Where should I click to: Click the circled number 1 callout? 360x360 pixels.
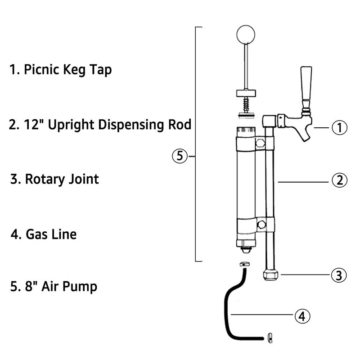[x=339, y=127]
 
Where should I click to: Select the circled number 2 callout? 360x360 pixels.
[x=339, y=180]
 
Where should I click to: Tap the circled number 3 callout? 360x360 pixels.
[x=339, y=275]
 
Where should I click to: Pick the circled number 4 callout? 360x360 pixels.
[x=302, y=316]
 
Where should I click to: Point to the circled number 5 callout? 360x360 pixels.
[x=180, y=156]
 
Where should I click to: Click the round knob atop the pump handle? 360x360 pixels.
[x=246, y=35]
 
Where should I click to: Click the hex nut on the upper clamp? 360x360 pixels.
[x=261, y=143]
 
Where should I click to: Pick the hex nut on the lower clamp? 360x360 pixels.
[x=261, y=225]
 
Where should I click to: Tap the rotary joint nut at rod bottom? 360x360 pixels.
[x=270, y=275]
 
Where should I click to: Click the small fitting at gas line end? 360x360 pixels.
[x=270, y=338]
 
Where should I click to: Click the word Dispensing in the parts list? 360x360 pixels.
[x=130, y=125]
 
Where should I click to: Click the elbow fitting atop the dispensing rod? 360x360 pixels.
[x=269, y=121]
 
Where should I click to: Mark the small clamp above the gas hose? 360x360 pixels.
[x=245, y=264]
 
